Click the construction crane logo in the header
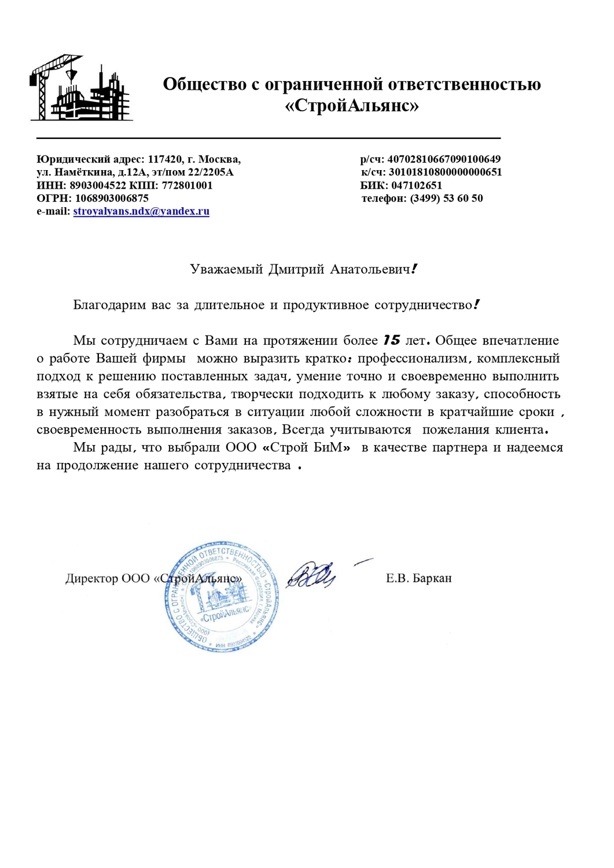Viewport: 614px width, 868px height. (81, 88)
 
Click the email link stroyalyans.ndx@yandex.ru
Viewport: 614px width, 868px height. (141, 211)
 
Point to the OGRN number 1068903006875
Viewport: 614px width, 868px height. (112, 198)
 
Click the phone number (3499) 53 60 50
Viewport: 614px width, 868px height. (446, 198)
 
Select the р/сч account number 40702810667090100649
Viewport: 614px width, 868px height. (444, 159)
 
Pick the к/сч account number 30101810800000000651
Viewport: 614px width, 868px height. (445, 172)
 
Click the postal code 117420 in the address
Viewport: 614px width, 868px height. (165, 159)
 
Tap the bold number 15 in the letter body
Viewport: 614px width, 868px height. (392, 340)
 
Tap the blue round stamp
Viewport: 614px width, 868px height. (221, 597)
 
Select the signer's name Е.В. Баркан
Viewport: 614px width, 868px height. (418, 578)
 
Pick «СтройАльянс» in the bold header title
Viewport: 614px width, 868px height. (352, 106)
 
